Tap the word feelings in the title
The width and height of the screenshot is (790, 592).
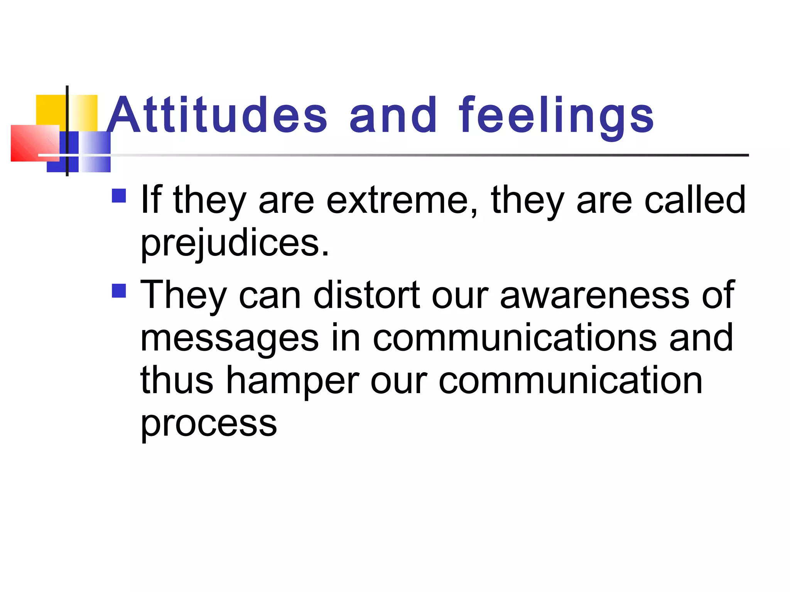coord(556,116)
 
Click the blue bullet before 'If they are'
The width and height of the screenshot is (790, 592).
coord(119,195)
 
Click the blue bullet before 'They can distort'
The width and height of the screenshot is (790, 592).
coord(119,291)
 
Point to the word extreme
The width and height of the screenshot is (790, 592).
coord(402,200)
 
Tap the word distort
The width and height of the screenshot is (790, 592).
coord(366,295)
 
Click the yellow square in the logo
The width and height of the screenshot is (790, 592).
coord(50,109)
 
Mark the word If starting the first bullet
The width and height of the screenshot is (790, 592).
coord(151,199)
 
